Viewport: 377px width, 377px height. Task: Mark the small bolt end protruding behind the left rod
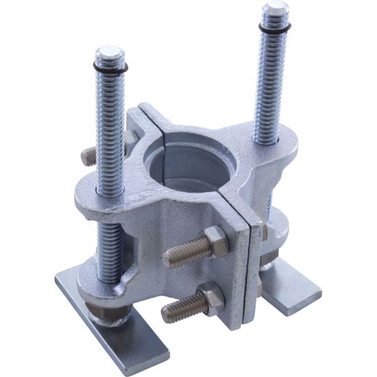(x=88, y=156)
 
